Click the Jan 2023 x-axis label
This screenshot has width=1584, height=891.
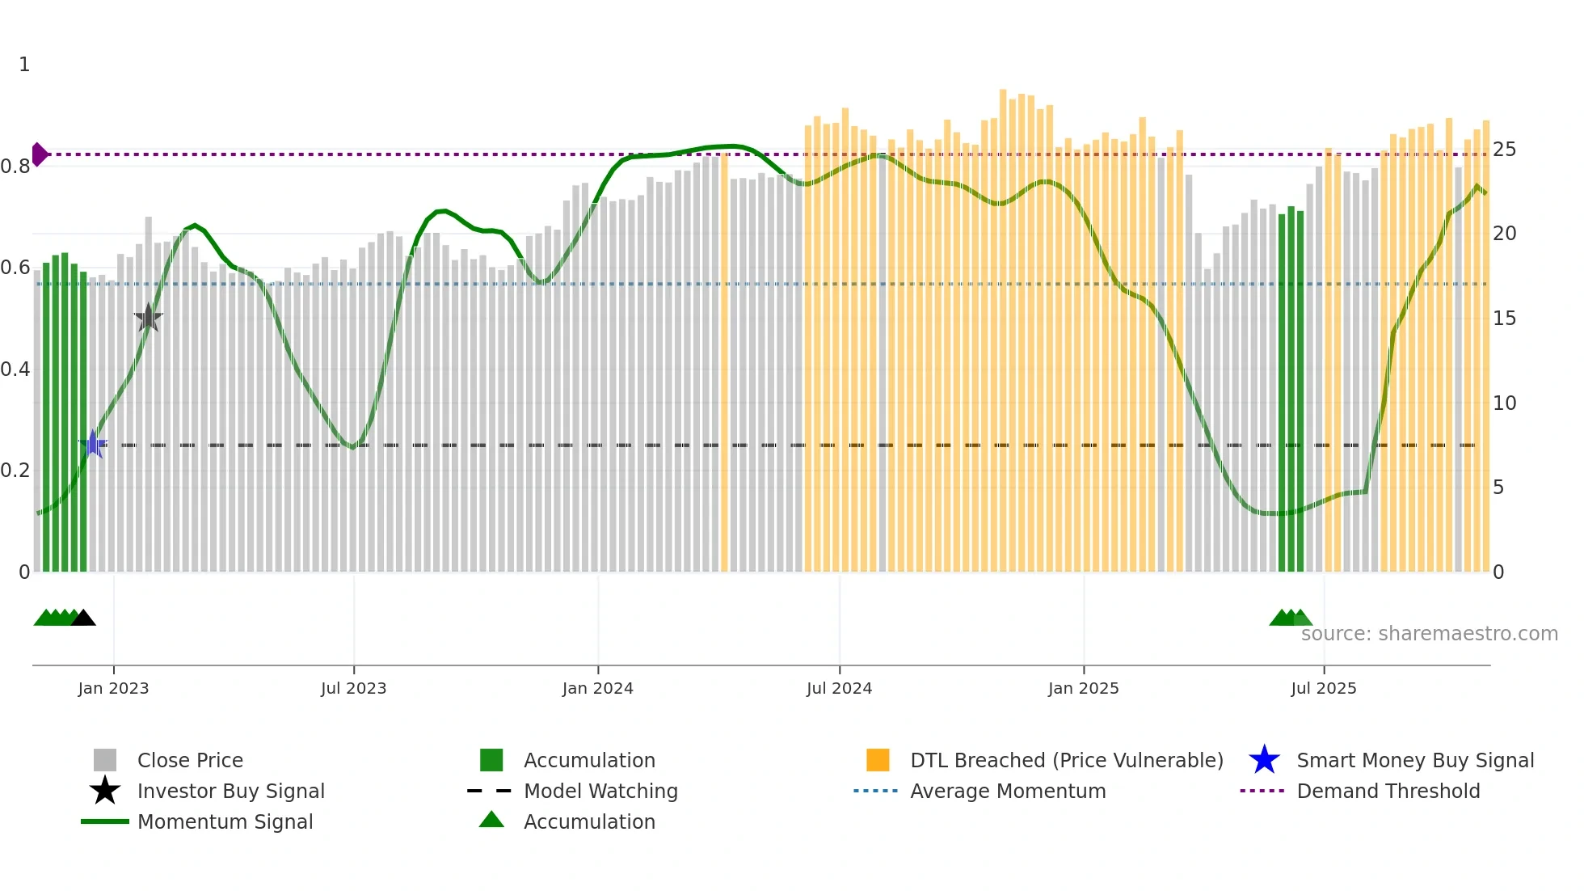point(113,688)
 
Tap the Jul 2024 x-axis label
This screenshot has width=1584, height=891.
point(839,688)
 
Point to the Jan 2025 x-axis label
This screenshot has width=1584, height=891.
point(1083,688)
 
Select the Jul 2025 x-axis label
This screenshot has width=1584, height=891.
point(1323,688)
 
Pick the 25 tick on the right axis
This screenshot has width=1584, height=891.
point(1504,150)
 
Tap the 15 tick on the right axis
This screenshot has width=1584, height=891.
point(1504,319)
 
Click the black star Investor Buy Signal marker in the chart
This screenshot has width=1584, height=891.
point(148,318)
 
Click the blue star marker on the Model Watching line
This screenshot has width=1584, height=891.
point(93,444)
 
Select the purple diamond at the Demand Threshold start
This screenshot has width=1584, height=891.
point(39,154)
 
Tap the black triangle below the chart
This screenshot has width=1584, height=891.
point(83,619)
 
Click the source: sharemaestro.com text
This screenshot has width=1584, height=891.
point(1429,634)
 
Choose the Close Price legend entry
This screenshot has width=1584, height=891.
point(190,760)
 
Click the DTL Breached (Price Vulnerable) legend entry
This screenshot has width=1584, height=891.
point(1066,760)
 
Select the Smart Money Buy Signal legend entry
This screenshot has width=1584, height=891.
point(1414,760)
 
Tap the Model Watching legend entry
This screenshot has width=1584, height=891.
point(600,791)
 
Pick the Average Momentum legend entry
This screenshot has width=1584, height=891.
point(1007,791)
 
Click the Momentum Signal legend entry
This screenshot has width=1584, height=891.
point(225,821)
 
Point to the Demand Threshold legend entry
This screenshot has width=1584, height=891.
point(1388,791)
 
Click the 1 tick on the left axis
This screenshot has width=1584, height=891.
point(24,65)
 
